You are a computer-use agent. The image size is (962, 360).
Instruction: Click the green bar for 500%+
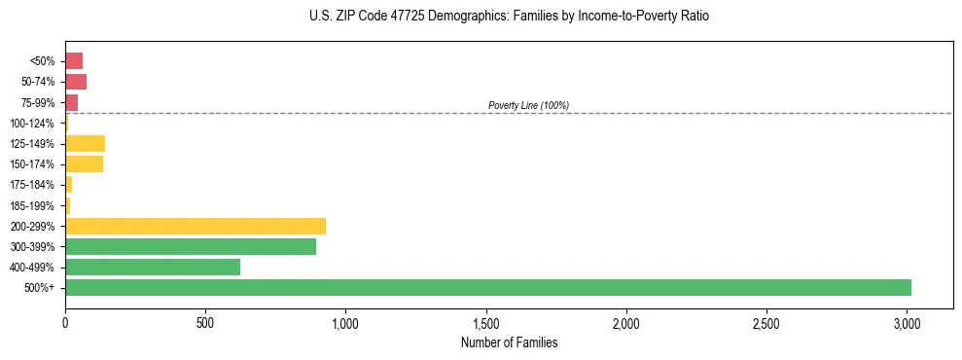pos(487,287)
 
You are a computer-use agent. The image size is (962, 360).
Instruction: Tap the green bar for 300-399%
pos(190,246)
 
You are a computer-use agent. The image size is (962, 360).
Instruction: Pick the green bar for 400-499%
pos(152,267)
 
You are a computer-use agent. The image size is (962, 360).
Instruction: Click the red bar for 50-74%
pos(76,82)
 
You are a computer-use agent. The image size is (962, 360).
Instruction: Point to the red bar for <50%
pos(74,61)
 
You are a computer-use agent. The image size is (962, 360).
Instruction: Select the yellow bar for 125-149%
pos(85,143)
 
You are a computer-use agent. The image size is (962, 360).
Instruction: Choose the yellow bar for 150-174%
pos(84,163)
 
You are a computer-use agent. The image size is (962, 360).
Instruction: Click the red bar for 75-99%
pos(71,102)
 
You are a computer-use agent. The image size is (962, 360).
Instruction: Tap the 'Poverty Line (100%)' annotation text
pos(528,105)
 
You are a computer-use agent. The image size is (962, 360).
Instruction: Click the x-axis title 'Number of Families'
pos(509,342)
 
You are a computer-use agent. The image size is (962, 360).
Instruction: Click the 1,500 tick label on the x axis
pos(486,322)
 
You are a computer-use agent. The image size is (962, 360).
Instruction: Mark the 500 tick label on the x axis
pos(205,322)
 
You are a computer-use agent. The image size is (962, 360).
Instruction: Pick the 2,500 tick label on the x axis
pos(766,322)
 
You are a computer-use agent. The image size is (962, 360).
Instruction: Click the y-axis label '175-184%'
pos(33,185)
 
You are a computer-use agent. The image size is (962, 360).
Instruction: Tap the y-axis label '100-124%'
pos(33,124)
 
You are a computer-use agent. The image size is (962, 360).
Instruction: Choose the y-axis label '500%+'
pos(40,288)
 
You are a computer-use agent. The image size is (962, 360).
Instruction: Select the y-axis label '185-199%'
pos(33,205)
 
